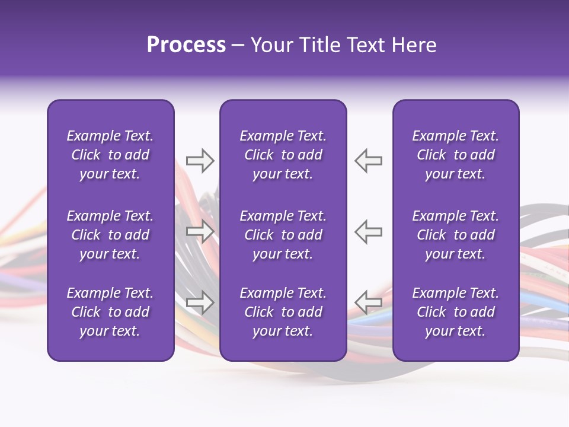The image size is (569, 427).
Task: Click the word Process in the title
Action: [186, 45]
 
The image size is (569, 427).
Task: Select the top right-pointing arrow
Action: [200, 161]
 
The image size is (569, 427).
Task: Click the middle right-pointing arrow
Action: [200, 231]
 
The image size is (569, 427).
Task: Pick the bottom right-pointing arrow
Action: [200, 302]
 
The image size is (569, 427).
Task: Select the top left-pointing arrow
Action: [368, 161]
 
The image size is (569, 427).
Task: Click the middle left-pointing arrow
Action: [368, 231]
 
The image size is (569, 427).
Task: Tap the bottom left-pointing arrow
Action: [368, 302]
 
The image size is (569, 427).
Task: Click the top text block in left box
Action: [110, 155]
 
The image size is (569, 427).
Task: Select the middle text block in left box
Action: [110, 235]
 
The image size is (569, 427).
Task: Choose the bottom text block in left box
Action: [110, 312]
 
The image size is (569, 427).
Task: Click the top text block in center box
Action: [283, 155]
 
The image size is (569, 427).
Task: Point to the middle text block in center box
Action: [283, 235]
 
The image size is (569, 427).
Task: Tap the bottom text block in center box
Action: [283, 312]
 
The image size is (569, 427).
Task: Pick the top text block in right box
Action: [455, 155]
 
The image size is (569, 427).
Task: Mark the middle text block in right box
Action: [455, 235]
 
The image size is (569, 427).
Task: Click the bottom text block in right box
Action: [455, 312]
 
